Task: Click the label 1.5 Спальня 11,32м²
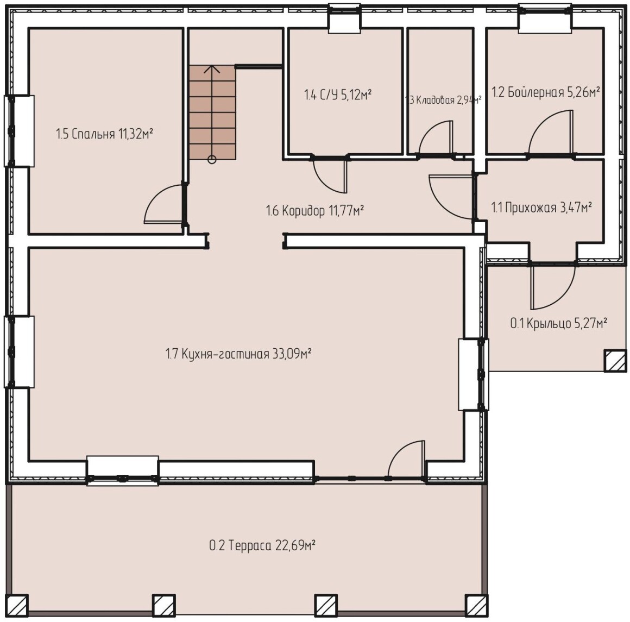tap(104, 134)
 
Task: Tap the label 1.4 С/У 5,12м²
tap(337, 95)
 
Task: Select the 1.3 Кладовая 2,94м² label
tap(444, 99)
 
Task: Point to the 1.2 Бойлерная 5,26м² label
tap(546, 92)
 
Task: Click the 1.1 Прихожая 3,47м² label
tap(541, 208)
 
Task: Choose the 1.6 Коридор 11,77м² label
tap(315, 210)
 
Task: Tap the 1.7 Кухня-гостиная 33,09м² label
tap(238, 354)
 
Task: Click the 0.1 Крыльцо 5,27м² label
tap(558, 323)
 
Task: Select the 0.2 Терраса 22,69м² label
tap(262, 545)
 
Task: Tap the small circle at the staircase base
tap(212, 160)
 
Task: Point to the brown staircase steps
tap(212, 112)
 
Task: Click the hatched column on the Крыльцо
tap(615, 360)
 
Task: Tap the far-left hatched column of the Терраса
tap(17, 605)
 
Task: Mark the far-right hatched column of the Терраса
tap(476, 605)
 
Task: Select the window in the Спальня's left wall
tap(19, 131)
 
